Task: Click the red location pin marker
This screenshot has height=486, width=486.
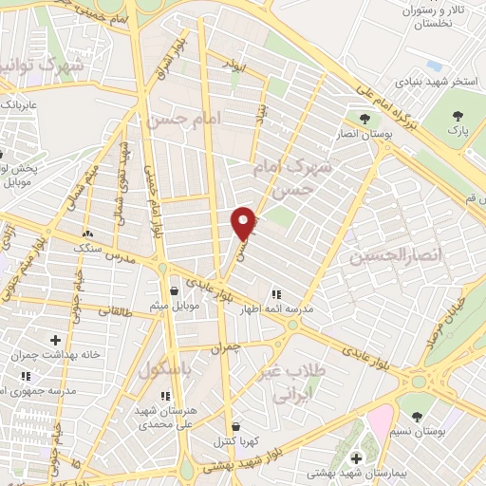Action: (243, 222)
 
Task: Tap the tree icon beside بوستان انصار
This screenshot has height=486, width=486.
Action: (365, 119)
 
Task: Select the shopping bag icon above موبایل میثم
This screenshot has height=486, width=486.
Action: (174, 291)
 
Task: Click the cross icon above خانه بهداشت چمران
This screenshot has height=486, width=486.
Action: (56, 340)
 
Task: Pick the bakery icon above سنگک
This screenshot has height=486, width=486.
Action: (87, 234)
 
